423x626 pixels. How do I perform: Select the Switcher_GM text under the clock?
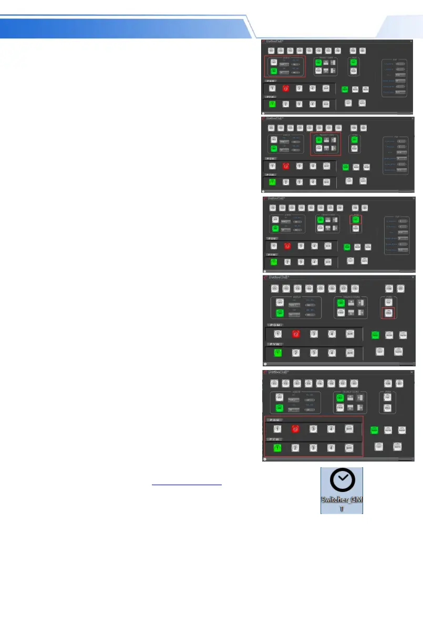pyautogui.click(x=342, y=504)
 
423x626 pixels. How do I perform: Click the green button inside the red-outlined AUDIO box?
pyautogui.click(x=274, y=71)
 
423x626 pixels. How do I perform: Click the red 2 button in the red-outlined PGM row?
pyautogui.click(x=295, y=428)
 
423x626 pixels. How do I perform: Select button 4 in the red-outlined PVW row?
pyautogui.click(x=331, y=448)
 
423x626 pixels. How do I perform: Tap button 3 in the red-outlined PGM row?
pyautogui.click(x=313, y=428)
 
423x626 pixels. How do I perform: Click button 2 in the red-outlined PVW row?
pyautogui.click(x=295, y=448)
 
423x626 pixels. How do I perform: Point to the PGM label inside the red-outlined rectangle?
pyautogui.click(x=275, y=419)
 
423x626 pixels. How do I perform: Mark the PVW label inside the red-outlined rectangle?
pyautogui.click(x=275, y=439)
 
